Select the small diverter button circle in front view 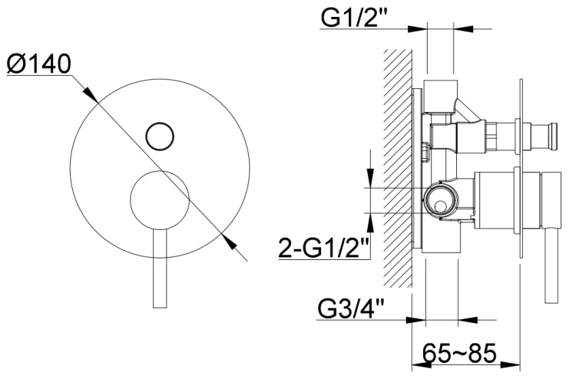[160, 136]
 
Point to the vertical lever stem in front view [160, 268]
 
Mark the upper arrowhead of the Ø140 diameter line [90, 94]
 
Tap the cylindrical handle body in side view [499, 201]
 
